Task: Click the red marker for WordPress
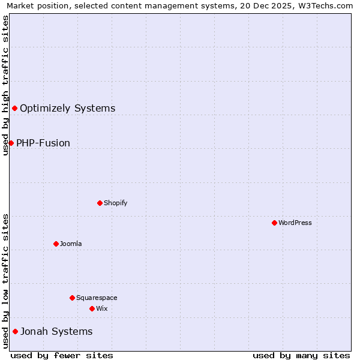click(x=274, y=223)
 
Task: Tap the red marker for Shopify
click(x=100, y=203)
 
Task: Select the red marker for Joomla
click(x=56, y=244)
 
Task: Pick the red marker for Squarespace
click(x=72, y=298)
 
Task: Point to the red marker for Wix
click(x=92, y=308)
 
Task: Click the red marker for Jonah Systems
click(x=15, y=331)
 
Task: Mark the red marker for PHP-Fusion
click(x=11, y=143)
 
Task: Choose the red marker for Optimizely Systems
click(x=14, y=108)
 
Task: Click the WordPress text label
click(x=295, y=223)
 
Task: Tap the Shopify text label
click(x=115, y=203)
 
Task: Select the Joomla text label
click(x=71, y=244)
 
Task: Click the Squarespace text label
click(x=97, y=298)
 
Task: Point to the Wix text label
click(x=102, y=308)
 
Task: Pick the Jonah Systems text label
click(x=56, y=331)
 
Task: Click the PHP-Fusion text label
click(x=43, y=143)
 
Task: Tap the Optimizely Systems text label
click(x=67, y=108)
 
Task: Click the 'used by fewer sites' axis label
click(x=62, y=355)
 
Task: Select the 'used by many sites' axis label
click(x=301, y=355)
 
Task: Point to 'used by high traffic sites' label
click(x=5, y=85)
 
